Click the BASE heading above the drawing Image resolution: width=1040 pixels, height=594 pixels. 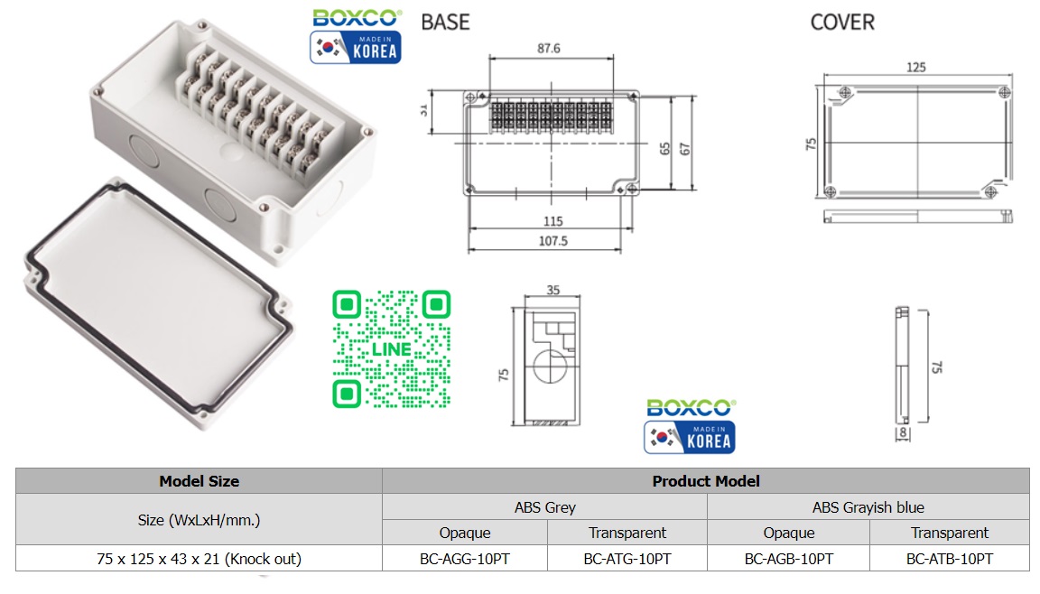(446, 22)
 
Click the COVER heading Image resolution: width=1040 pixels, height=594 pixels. (842, 22)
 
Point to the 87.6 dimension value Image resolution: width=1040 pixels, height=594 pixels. (549, 48)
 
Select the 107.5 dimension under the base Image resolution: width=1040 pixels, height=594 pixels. (552, 241)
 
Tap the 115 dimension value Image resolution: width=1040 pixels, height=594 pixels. (552, 221)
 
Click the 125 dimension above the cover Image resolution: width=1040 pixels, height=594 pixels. (915, 68)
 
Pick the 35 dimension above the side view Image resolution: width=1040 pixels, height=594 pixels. (552, 291)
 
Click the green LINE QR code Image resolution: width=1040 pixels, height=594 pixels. (392, 348)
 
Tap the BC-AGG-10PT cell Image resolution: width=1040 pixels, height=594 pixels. (465, 559)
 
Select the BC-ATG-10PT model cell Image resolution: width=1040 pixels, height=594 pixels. (627, 559)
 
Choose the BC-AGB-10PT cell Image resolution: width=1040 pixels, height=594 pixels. (789, 559)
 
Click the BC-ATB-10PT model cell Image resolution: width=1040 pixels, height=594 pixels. (950, 559)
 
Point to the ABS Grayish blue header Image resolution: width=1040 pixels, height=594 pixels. (868, 507)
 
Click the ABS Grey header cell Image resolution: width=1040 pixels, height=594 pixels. (545, 507)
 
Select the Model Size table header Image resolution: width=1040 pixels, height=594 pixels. (199, 481)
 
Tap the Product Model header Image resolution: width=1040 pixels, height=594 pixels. (706, 481)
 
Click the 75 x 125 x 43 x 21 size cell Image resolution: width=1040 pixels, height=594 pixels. (199, 559)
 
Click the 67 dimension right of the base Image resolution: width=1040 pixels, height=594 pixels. (685, 149)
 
